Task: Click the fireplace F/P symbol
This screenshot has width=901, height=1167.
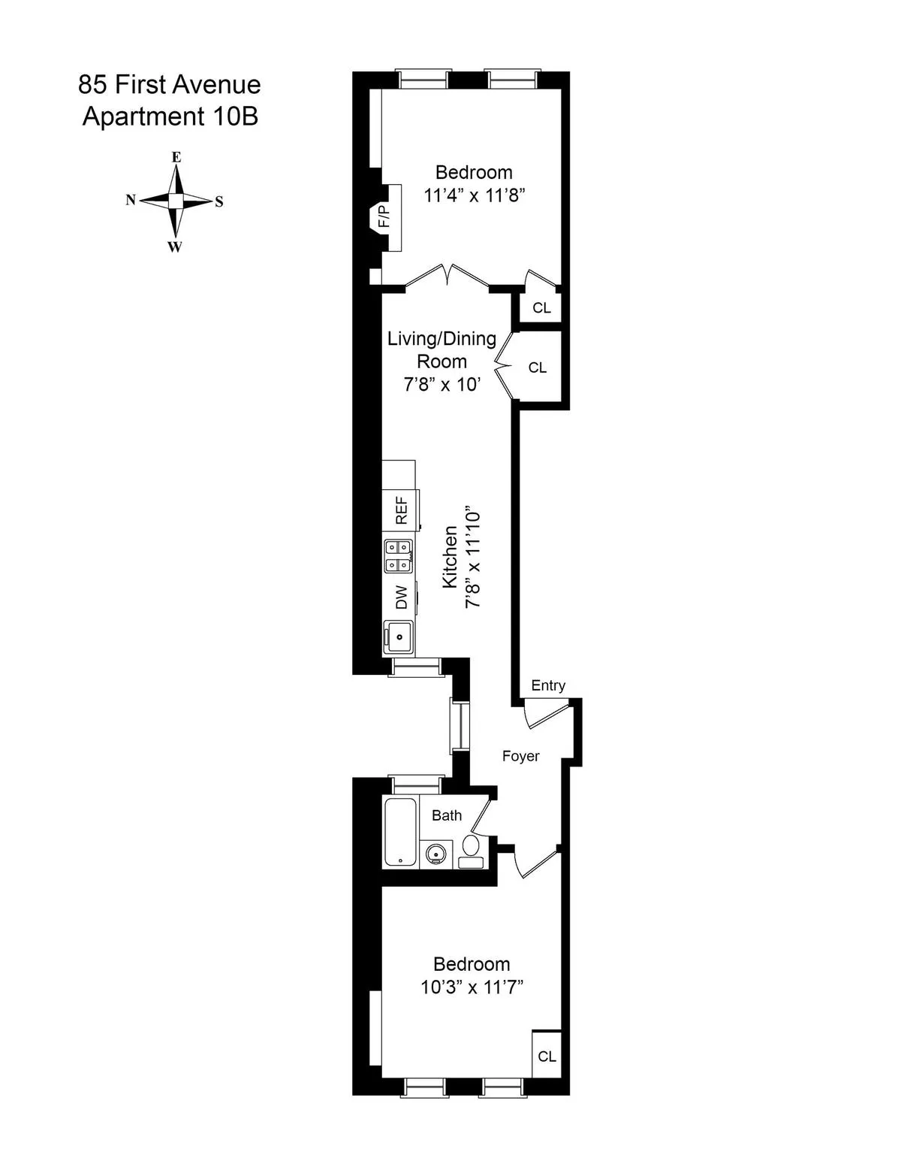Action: click(384, 217)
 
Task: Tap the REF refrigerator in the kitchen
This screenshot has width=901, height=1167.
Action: click(401, 510)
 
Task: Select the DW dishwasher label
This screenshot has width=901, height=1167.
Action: click(402, 597)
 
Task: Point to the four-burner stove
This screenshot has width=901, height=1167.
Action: click(399, 555)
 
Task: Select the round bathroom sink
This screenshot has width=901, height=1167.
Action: click(435, 854)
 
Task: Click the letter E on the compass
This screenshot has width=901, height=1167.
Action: click(176, 157)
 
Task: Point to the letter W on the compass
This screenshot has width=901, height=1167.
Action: click(174, 247)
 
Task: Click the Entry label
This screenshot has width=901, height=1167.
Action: click(548, 685)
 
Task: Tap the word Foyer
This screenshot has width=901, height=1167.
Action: click(520, 756)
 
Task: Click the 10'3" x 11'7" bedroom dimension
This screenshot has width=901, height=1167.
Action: click(472, 987)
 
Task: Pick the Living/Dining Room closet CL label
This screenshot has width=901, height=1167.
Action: click(538, 367)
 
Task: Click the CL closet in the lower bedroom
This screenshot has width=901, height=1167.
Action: click(547, 1056)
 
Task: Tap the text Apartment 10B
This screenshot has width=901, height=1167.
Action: click(170, 117)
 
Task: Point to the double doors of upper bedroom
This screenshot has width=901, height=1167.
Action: click(448, 277)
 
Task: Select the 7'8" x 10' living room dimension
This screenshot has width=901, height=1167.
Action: click(441, 385)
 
